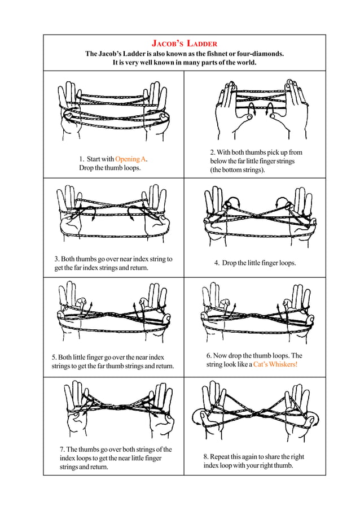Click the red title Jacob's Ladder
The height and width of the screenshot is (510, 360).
tap(185, 43)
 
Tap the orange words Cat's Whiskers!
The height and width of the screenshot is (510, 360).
tap(275, 365)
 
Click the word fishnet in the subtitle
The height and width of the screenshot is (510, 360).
tap(210, 54)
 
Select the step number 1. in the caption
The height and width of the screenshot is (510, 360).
tap(81, 159)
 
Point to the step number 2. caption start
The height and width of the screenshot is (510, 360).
tap(212, 152)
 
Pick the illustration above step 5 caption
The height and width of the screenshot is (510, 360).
tap(112, 314)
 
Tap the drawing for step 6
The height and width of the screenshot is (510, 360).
tap(257, 314)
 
